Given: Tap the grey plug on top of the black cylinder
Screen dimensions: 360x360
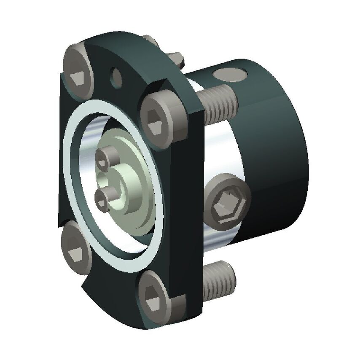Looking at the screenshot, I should (230, 75).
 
